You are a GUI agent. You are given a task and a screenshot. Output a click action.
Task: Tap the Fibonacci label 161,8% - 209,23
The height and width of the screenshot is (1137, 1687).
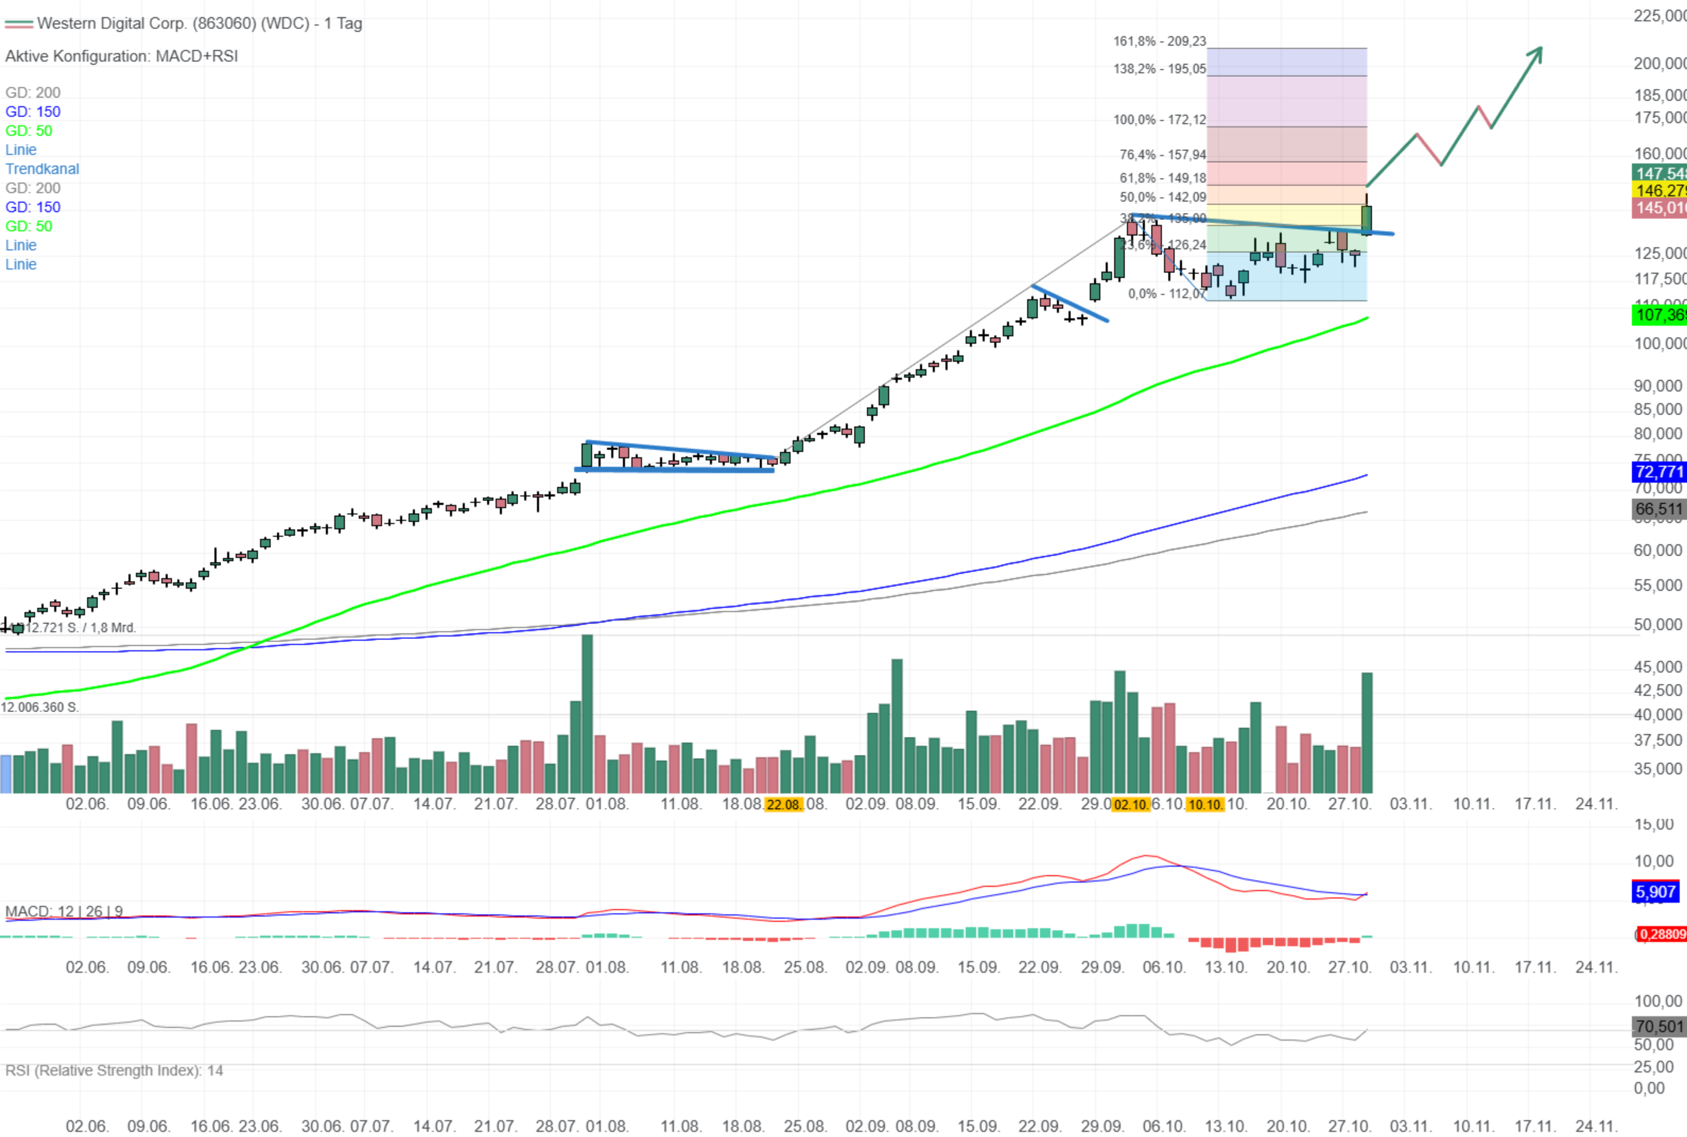tap(1159, 41)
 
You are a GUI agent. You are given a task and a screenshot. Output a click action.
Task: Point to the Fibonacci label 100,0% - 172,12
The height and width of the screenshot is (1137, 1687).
tap(1159, 120)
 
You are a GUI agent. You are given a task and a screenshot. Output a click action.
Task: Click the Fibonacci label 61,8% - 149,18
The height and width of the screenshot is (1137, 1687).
tap(1162, 178)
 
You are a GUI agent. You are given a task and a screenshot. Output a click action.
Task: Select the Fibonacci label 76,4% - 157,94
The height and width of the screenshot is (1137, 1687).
tap(1162, 154)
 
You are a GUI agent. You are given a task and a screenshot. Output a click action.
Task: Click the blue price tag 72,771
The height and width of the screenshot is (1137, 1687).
tap(1659, 472)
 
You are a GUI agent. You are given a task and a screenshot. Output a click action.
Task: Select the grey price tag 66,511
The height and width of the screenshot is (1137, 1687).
tap(1659, 509)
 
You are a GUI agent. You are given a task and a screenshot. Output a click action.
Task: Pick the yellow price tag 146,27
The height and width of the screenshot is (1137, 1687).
tap(1659, 190)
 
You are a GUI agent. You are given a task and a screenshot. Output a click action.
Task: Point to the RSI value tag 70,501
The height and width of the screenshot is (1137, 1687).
tap(1659, 1026)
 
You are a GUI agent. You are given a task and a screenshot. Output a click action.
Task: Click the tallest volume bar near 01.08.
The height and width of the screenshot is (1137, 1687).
tap(587, 714)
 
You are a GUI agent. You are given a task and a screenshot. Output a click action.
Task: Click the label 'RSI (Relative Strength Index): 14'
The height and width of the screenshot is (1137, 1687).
tap(114, 1070)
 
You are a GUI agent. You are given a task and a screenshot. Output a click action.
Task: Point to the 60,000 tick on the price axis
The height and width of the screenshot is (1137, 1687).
tap(1657, 550)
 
